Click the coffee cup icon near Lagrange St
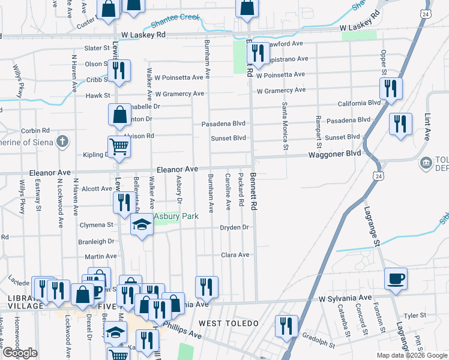396,278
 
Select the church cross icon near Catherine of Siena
61,142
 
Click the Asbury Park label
176,216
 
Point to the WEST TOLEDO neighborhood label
229,323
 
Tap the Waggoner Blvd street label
334,154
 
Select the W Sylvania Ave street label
346,298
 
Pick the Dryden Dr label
234,227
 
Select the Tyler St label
414,315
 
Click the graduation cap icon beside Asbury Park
142,225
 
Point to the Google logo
21,353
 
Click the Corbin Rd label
35,130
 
